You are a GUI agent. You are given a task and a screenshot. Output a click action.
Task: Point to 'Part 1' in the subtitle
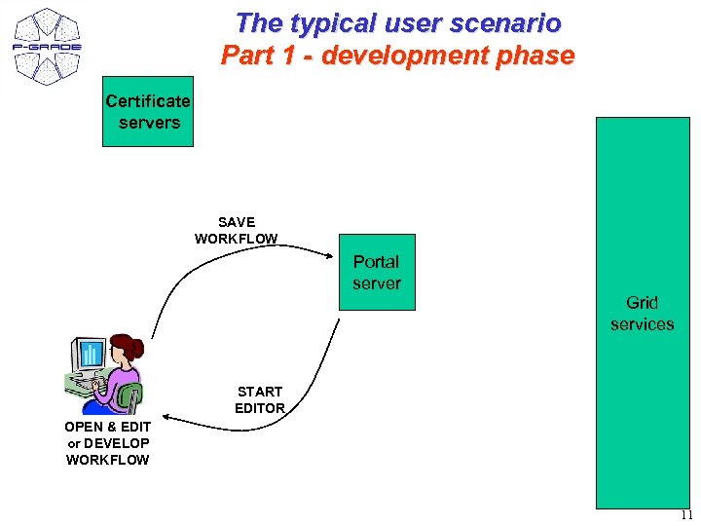pyautogui.click(x=256, y=56)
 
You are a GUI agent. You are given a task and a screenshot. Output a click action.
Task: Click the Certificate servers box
pyautogui.click(x=148, y=112)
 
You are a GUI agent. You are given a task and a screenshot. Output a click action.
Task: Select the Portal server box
pyautogui.click(x=377, y=272)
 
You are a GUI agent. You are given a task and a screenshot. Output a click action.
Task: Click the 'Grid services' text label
pyautogui.click(x=642, y=314)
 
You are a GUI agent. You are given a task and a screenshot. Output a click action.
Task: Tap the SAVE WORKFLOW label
pyautogui.click(x=237, y=231)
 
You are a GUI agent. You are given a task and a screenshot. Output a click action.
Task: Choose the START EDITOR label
pyautogui.click(x=260, y=399)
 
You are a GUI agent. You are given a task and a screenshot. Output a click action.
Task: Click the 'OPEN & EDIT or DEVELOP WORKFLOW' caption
pyautogui.click(x=107, y=443)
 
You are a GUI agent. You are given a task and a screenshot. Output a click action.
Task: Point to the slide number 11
pyautogui.click(x=686, y=516)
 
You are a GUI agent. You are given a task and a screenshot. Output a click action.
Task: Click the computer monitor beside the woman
pyautogui.click(x=90, y=356)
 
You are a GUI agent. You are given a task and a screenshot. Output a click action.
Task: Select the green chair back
pyautogui.click(x=130, y=396)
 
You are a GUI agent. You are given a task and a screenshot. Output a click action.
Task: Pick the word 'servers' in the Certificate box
pyautogui.click(x=149, y=123)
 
